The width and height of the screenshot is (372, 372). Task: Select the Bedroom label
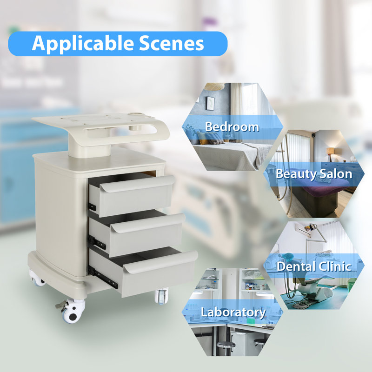232,126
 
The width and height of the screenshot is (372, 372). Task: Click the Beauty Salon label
313,174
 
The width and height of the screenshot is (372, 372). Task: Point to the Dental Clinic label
313,266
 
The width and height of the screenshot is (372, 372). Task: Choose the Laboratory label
233,312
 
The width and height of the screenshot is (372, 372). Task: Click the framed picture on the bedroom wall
211,103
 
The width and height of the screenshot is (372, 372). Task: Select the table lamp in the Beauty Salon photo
331,152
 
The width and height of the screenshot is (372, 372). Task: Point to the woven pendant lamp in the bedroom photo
214,86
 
